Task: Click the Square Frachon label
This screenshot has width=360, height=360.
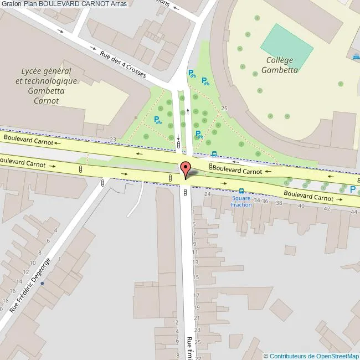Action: (x=241, y=201)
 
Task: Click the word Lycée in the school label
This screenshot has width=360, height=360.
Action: (x=33, y=71)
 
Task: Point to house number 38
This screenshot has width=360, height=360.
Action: (x=279, y=203)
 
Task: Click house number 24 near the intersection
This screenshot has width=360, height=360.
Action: (x=208, y=194)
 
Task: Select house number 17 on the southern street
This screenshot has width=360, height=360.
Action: (x=196, y=294)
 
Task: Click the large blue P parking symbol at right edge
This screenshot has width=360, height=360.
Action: (x=353, y=189)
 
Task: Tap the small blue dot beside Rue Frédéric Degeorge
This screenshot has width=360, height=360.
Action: (x=42, y=284)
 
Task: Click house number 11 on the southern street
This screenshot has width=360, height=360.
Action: (x=194, y=252)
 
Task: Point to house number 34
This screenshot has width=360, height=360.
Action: (x=257, y=200)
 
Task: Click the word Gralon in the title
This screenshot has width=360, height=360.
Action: (x=12, y=4)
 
